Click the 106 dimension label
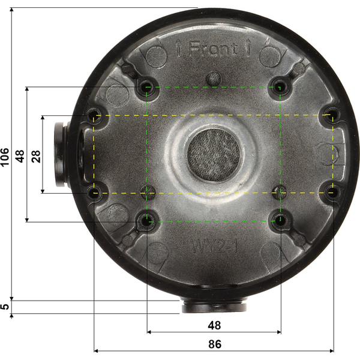5,157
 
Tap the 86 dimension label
214,344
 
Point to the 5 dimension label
5,307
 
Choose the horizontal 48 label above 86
214,325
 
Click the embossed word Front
213,49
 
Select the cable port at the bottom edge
214,306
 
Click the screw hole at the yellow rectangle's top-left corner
94,115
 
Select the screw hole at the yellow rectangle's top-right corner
332,115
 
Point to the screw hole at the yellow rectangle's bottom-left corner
94,193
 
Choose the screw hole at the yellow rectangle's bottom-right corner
332,193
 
